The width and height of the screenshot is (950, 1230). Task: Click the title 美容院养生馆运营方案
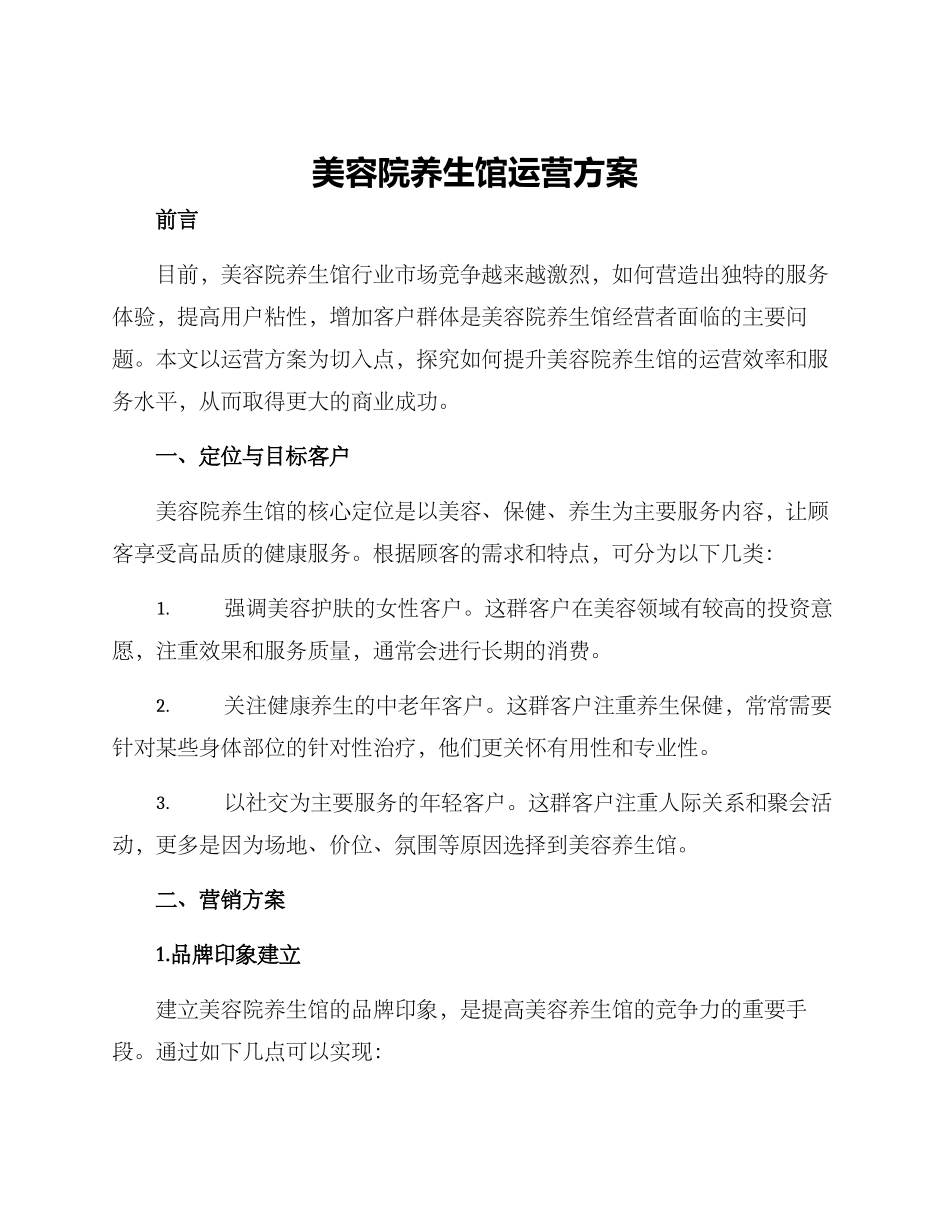pos(474,173)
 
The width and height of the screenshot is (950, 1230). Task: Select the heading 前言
pos(177,221)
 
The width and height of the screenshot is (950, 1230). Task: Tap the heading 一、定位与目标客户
pos(252,457)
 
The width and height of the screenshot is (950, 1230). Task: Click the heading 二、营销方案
pos(220,900)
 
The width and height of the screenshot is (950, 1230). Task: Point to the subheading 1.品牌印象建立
pos(228,955)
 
